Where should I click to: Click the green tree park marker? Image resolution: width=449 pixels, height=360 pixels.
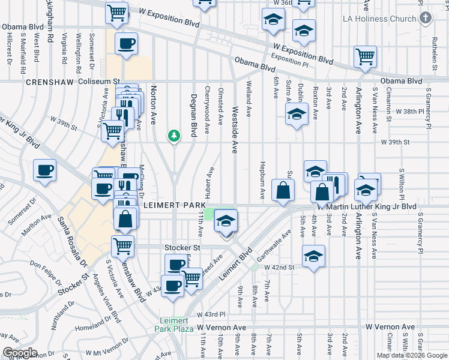[x=175, y=137]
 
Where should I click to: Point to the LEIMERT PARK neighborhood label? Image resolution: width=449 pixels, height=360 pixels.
[x=172, y=205]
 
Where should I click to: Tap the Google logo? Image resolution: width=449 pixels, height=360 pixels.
[x=20, y=353]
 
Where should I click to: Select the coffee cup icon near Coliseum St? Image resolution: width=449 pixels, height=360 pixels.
[x=127, y=44]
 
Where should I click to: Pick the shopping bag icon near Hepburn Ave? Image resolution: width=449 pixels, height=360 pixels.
[x=282, y=190]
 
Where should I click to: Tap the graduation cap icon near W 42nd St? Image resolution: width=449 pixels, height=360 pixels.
[x=313, y=256]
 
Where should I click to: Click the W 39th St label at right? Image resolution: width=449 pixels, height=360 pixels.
[x=394, y=142]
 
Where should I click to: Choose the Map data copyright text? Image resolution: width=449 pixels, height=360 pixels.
[x=411, y=355]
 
